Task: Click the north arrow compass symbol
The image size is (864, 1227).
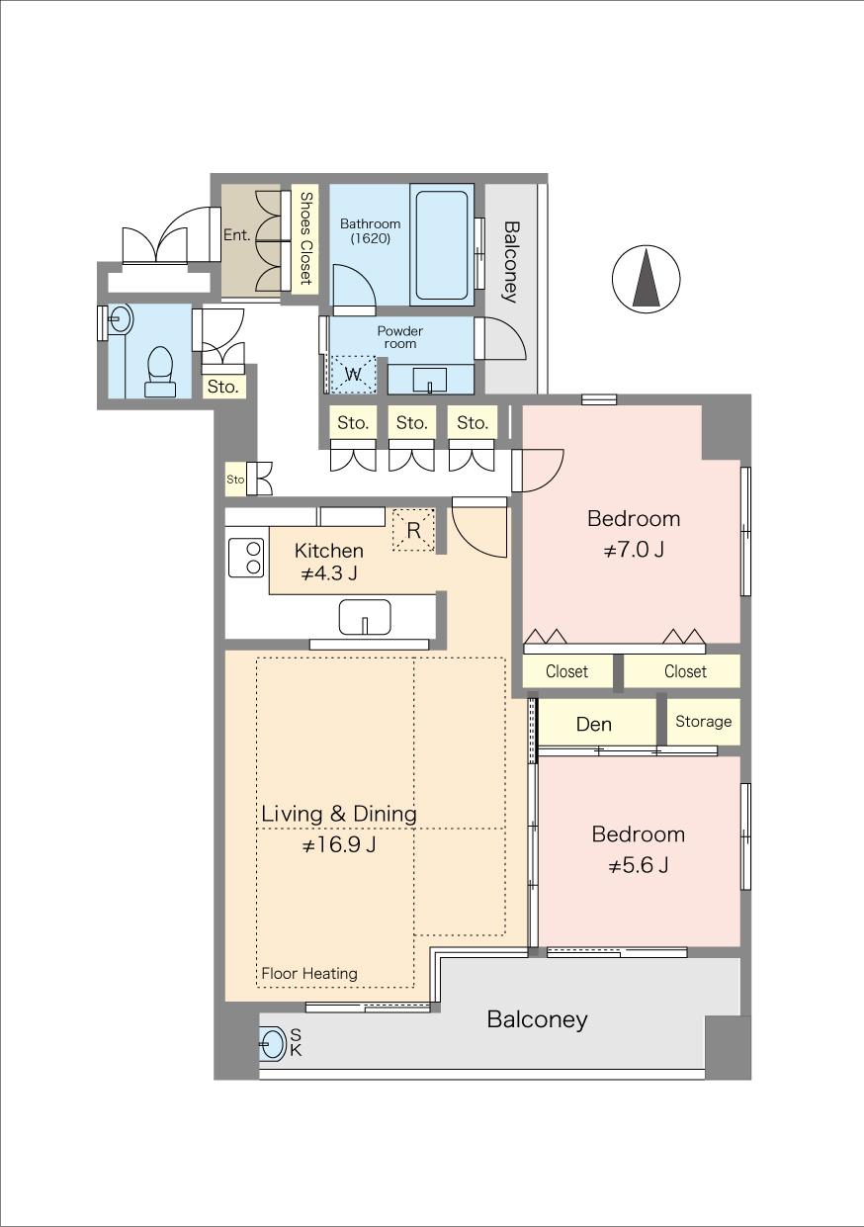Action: tap(647, 278)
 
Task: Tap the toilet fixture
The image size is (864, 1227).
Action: tap(160, 372)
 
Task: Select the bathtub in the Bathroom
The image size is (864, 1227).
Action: tap(442, 245)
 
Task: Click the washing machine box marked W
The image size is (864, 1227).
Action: tap(354, 376)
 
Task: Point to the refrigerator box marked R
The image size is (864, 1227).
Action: tap(414, 530)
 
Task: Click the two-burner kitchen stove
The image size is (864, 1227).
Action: tap(246, 558)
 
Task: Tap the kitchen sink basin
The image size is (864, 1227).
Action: tap(365, 617)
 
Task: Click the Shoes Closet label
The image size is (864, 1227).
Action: tap(305, 238)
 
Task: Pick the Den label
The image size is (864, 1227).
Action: tap(593, 724)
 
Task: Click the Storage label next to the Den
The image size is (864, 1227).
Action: tap(703, 722)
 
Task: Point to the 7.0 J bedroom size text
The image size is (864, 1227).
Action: tap(634, 549)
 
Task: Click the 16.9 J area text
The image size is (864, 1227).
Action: tap(339, 845)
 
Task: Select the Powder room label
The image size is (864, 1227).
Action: tap(400, 337)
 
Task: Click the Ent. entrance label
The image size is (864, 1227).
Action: tap(236, 235)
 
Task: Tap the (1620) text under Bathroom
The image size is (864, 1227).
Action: tap(371, 239)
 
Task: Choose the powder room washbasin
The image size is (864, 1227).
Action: tap(430, 380)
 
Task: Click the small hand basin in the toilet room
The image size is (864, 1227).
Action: tap(120, 318)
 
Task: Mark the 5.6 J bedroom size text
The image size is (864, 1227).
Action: tap(639, 866)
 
